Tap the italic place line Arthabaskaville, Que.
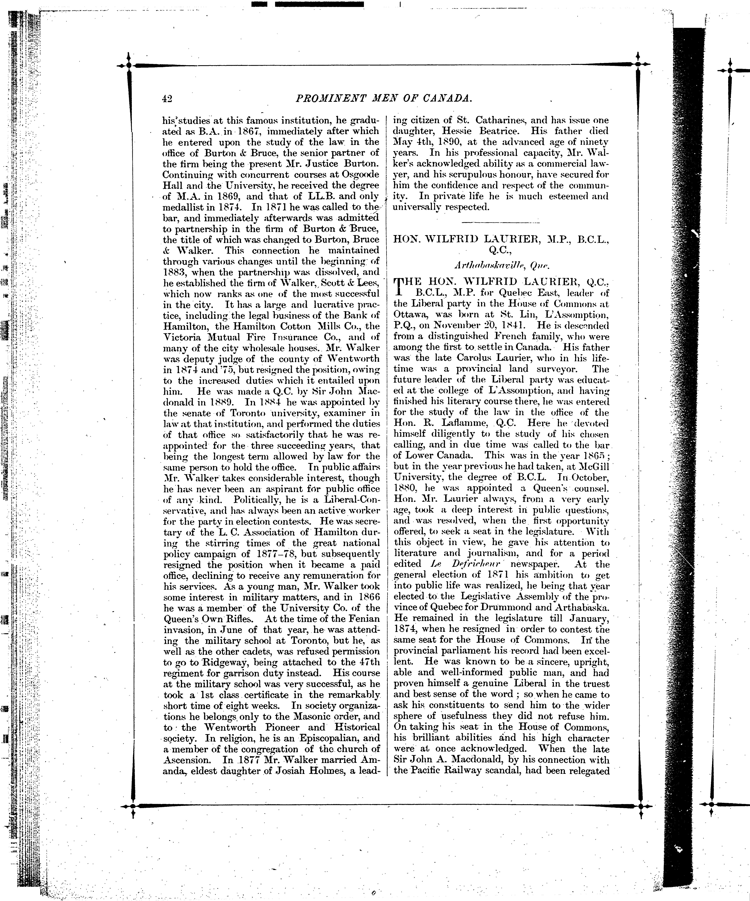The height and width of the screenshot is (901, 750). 501,266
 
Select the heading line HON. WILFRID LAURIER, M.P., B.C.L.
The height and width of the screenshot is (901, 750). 501,240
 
